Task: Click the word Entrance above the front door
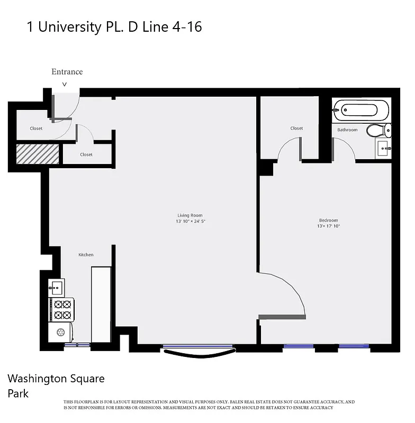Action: coord(67,72)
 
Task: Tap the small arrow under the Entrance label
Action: coord(65,84)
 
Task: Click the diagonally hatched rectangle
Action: coord(38,154)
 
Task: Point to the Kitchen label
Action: coord(86,255)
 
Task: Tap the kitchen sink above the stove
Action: coord(57,288)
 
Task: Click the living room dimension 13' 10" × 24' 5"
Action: coord(191,222)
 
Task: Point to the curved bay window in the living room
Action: coord(199,351)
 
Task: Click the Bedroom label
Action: coord(328,220)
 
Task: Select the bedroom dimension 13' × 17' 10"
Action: coord(328,226)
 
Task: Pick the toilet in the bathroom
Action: coord(379,130)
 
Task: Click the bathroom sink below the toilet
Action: coord(383,149)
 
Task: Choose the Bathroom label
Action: coord(347,130)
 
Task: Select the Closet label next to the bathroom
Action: coord(296,128)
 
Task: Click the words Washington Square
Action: coord(56,379)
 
